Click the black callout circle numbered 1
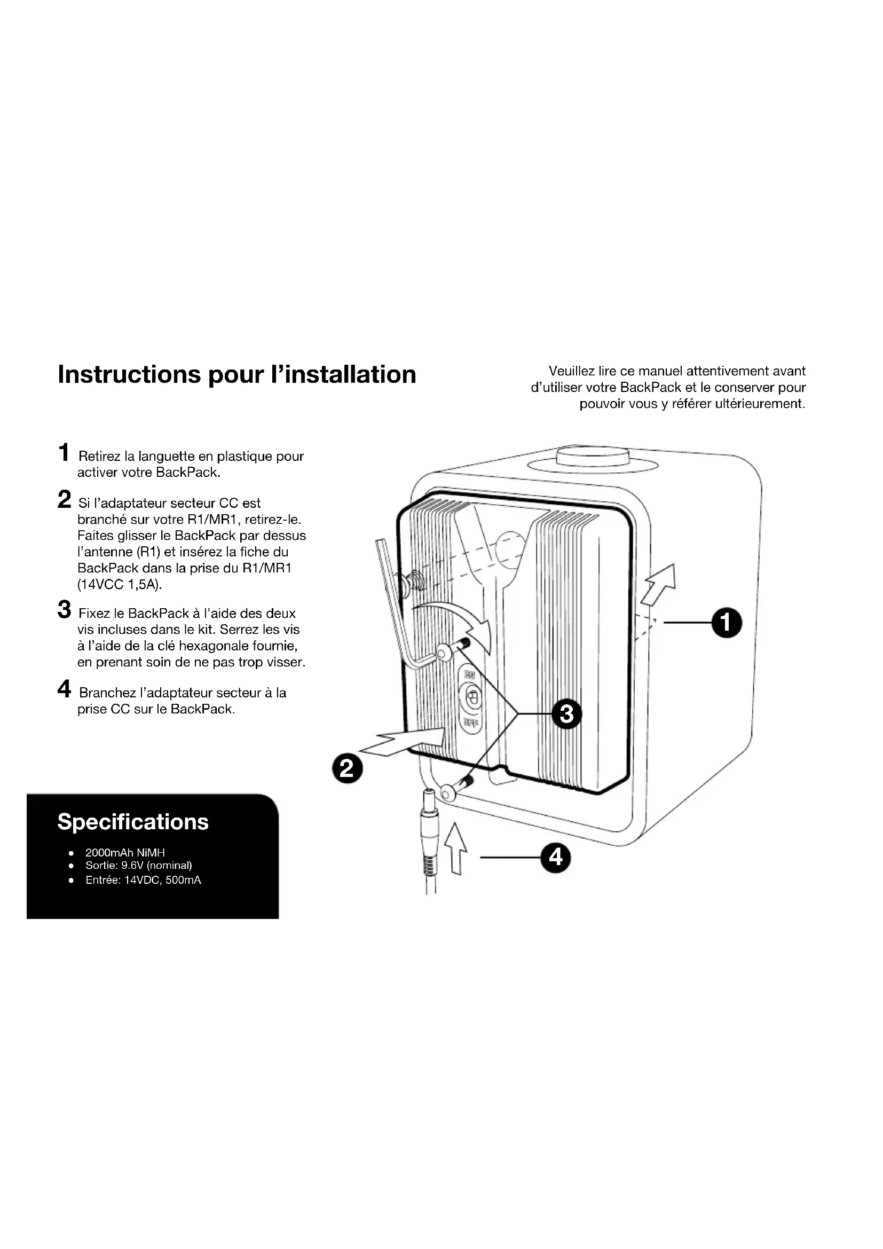click(x=727, y=623)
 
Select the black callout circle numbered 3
click(x=566, y=713)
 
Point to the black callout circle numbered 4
click(x=555, y=858)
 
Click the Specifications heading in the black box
click(x=133, y=822)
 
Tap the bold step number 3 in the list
click(x=64, y=610)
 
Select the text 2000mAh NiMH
click(x=124, y=853)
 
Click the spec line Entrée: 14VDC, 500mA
click(x=143, y=880)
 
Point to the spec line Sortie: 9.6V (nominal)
click(x=139, y=866)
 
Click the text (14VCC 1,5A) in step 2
click(x=120, y=585)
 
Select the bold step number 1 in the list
click(x=64, y=453)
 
